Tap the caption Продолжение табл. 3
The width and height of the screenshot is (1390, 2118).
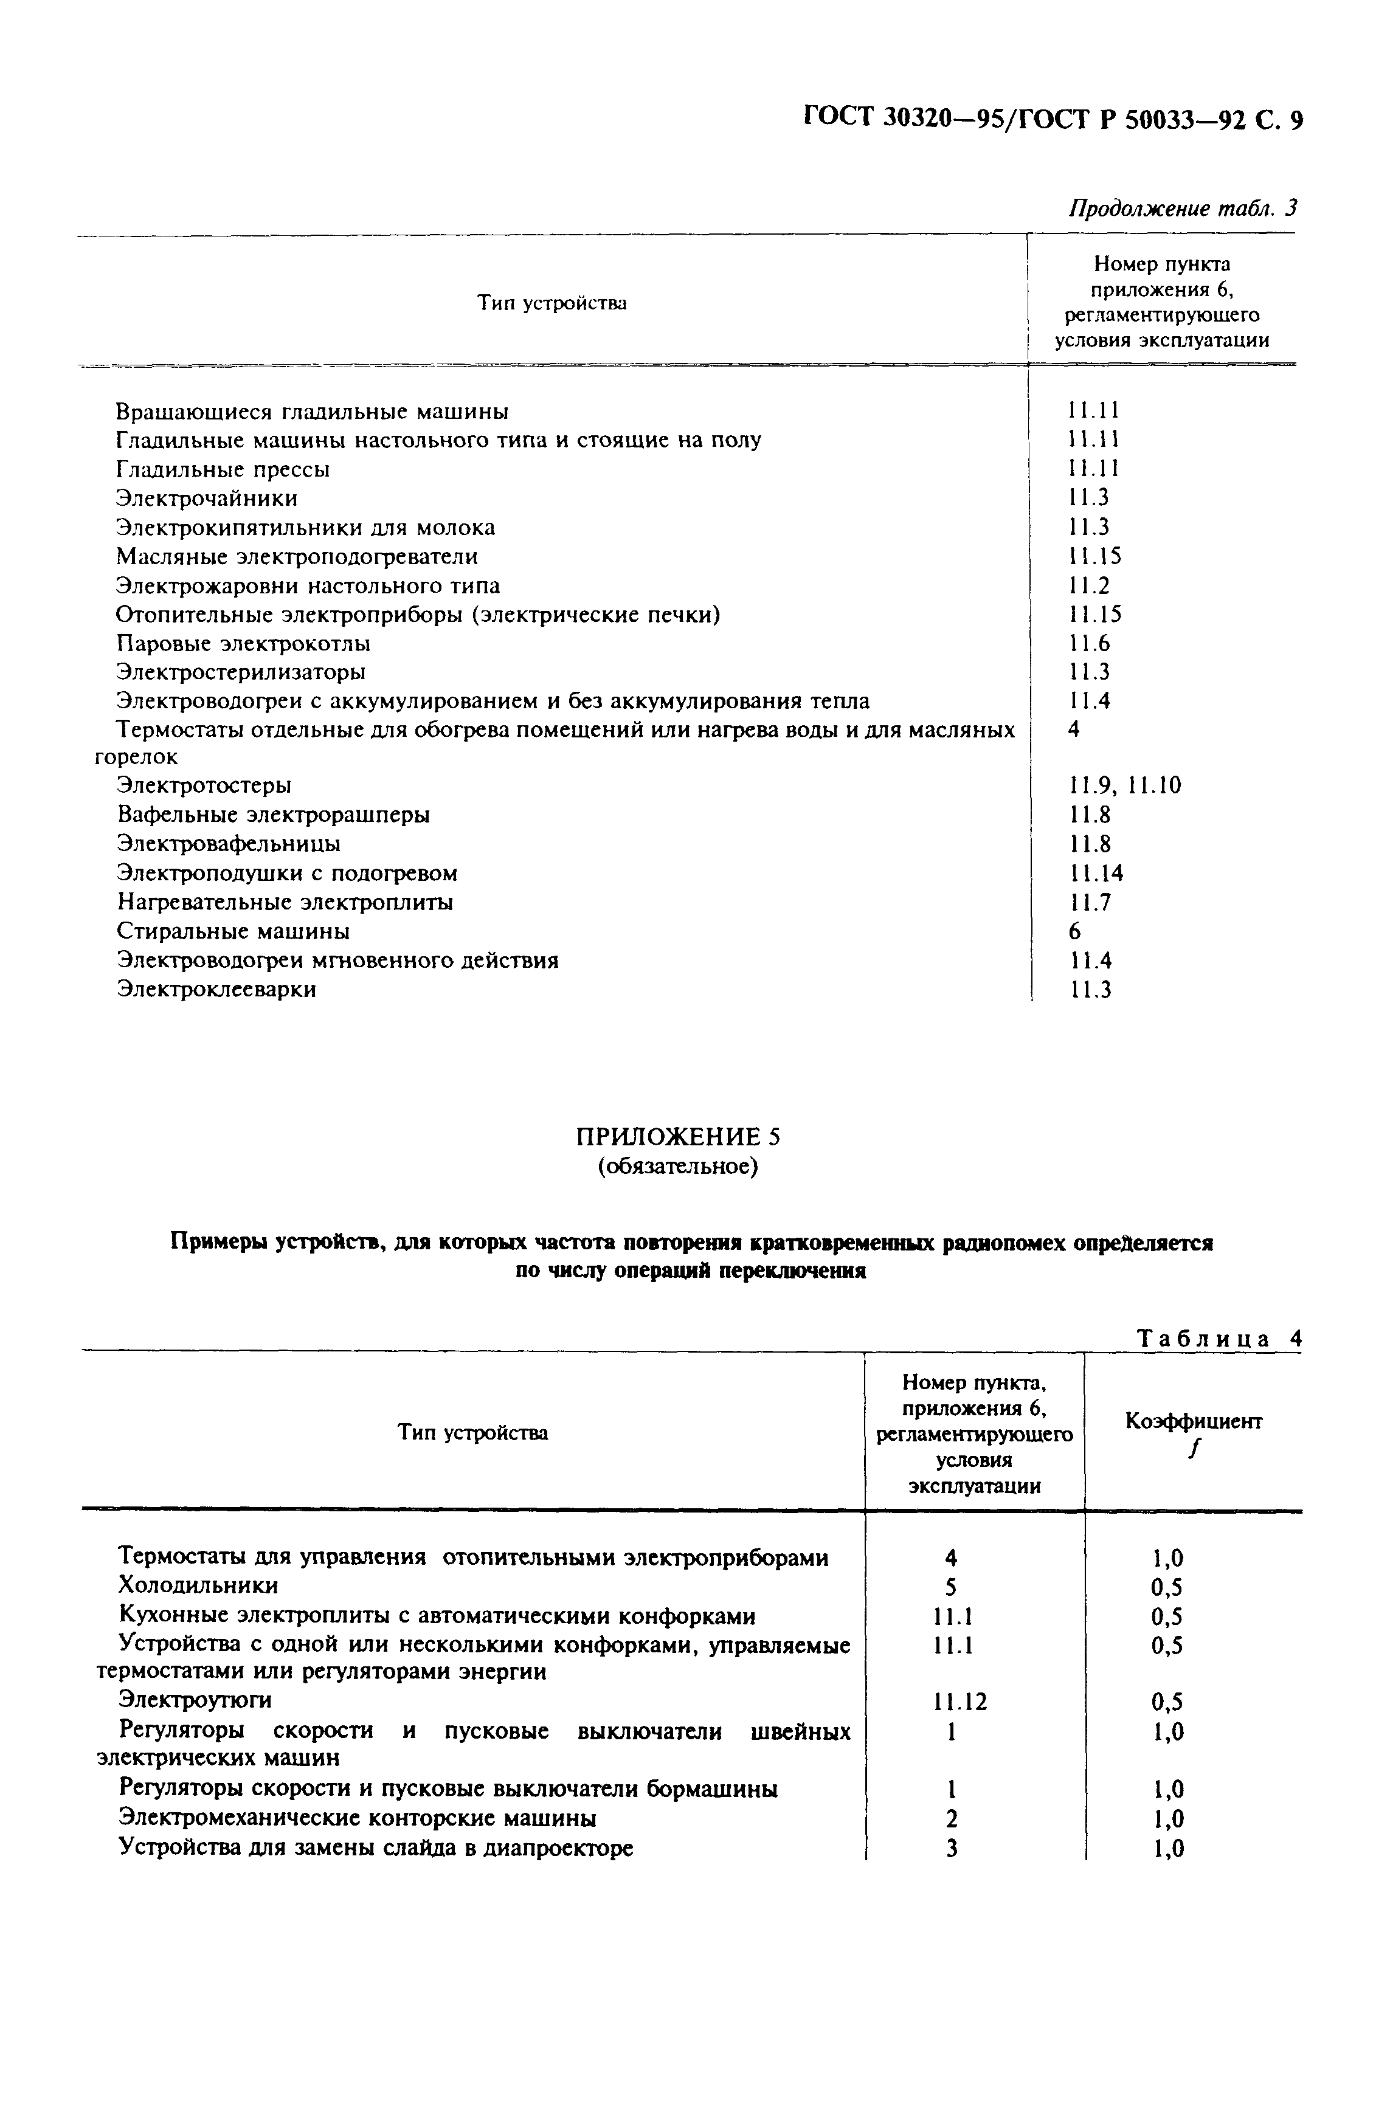pos(1182,209)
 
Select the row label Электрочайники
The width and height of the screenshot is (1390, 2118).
pos(207,498)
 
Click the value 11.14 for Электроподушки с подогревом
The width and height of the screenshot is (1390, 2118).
pos(1096,873)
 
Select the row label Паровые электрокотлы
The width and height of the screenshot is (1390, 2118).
pos(243,643)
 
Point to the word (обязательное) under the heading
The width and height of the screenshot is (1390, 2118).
pos(677,1166)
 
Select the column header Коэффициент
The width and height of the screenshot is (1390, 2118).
pos(1194,1421)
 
